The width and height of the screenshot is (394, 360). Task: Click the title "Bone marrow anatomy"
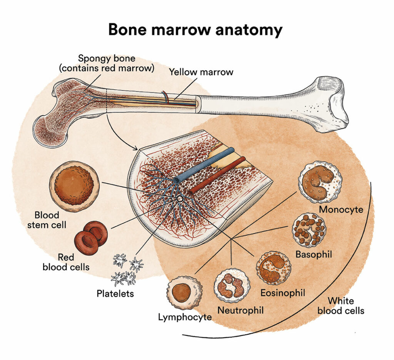coord(195,30)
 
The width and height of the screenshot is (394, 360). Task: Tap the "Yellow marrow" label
coord(201,72)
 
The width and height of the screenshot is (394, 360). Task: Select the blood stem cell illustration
coord(74,186)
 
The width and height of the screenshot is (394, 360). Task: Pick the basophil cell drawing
coord(309,230)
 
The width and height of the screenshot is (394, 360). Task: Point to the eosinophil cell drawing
coord(274,268)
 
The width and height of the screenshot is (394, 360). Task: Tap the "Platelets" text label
coord(115,294)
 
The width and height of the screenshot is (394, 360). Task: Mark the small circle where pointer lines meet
coord(179,199)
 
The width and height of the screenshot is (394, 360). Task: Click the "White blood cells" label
coord(341,306)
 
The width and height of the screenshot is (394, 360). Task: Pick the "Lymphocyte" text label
coord(185,317)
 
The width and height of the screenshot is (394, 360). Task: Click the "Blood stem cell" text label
coord(47,220)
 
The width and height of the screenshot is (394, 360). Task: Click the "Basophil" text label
coord(314,255)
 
